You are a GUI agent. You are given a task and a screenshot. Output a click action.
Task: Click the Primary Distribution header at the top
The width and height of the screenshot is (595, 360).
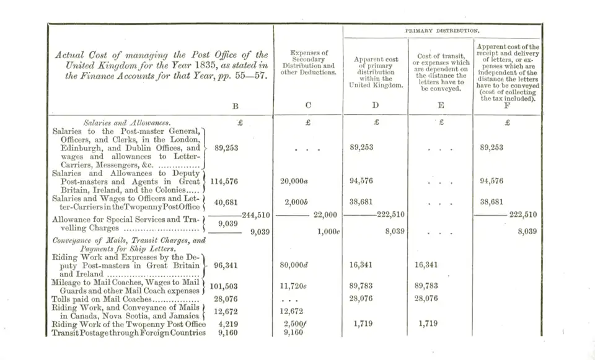coord(443,30)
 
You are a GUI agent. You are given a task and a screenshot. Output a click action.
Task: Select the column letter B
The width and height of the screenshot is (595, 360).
coord(236,106)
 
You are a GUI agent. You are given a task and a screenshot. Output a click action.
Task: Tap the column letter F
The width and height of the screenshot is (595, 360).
coord(508,105)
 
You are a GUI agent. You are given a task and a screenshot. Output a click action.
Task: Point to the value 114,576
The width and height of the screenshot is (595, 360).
coord(226,182)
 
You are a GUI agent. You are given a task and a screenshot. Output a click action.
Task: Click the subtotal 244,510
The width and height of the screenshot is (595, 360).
coord(258,215)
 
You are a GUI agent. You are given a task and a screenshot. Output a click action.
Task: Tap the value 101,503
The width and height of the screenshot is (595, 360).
coord(224,286)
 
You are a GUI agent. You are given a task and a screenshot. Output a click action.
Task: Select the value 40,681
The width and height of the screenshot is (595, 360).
coord(227,202)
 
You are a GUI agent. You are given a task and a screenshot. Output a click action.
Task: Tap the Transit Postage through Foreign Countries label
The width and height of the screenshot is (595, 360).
coord(128,333)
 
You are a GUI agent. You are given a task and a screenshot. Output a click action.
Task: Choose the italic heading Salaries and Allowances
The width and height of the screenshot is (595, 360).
coord(127,123)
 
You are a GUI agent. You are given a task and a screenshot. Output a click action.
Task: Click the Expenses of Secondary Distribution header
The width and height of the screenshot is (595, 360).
coord(308,63)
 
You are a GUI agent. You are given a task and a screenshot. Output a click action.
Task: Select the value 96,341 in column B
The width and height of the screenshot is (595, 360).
coord(226,265)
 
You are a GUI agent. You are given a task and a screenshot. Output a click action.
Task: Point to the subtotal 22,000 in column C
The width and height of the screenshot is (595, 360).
coord(325,215)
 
